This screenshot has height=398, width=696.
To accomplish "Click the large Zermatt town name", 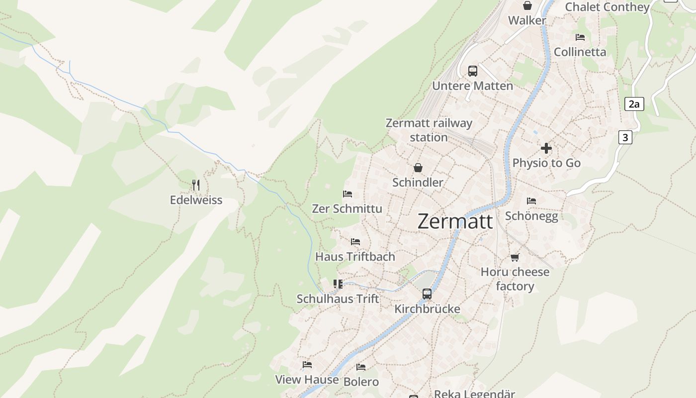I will coord(455,221).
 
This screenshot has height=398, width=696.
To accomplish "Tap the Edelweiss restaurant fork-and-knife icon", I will coord(196,185).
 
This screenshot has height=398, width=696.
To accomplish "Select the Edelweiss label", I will coord(196,200).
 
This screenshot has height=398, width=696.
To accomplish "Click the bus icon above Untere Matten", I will coord(472,71).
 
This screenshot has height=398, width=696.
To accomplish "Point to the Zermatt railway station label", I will coord(429,130).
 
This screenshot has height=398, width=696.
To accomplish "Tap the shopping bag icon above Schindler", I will coord(418,168).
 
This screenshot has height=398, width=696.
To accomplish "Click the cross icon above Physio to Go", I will coord(546,148).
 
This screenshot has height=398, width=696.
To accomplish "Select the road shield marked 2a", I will coord(634,104).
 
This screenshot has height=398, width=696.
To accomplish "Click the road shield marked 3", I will coord(625,137).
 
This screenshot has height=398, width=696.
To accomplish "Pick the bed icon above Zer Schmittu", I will coord(348,194).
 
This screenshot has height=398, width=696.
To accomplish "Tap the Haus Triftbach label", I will coord(355,257).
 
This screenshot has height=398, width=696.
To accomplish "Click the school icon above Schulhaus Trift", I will coord(338,284).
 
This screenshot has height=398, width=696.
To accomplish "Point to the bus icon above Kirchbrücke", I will coord(427,294).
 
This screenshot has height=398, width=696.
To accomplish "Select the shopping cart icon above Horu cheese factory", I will coord(515,257).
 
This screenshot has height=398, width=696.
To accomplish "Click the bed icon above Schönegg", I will coord(531,201).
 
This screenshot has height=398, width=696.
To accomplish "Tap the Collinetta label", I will coord(580,52).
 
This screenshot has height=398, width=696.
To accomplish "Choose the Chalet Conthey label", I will coord(608,7).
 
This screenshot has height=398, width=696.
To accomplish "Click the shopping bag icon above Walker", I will coord(527,5).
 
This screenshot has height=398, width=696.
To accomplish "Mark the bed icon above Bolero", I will coord(361,367).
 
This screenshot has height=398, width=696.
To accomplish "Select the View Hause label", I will coord(307,379).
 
